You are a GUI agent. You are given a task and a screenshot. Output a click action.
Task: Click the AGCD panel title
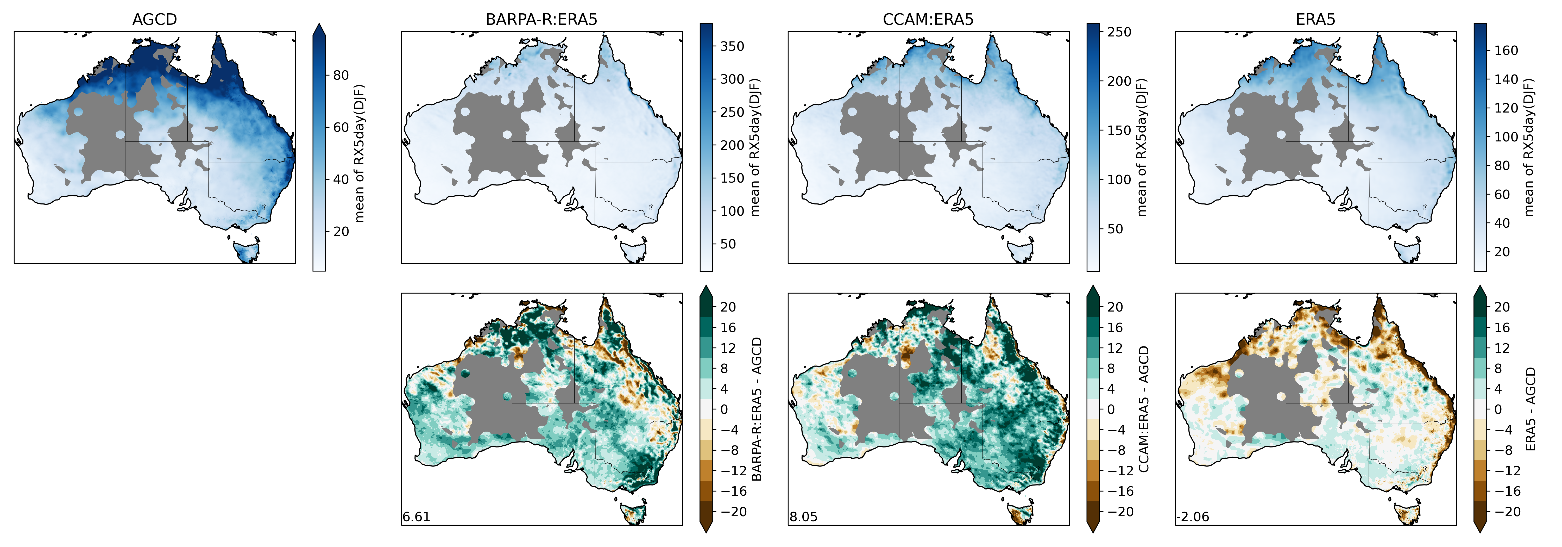point(155,20)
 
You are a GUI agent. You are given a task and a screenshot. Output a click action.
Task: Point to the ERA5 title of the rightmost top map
point(1315,20)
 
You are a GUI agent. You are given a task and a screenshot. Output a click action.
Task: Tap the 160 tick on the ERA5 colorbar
point(1506,50)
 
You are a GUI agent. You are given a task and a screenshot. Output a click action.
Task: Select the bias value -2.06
point(1193,517)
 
